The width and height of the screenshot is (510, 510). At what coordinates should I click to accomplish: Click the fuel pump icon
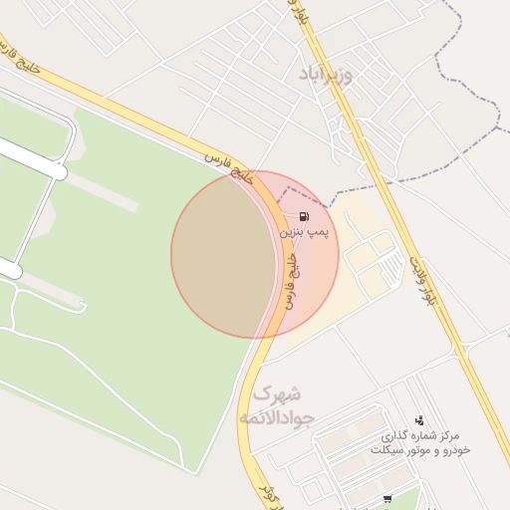tap(303, 216)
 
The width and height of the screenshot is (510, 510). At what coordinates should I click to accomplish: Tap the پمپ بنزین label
tap(303, 231)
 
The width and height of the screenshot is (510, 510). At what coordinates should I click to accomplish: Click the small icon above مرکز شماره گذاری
tap(419, 420)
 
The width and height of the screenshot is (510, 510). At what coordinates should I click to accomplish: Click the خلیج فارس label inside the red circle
tap(292, 280)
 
